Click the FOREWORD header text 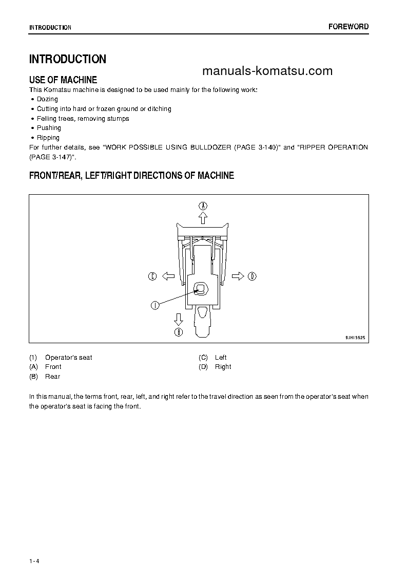pos(348,27)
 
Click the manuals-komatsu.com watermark pos(267,71)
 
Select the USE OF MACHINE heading pos(63,80)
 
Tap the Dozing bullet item pos(47,99)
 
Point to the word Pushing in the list pos(49,128)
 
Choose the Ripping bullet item pos(48,138)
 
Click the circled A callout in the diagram pos(203,206)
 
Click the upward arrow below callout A pos(203,218)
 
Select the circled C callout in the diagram pos(152,276)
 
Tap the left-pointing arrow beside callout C pos(168,276)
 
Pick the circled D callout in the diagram pos(252,276)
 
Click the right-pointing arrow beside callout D pos(238,276)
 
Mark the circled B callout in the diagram pos(179,332)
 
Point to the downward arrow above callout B pos(179,319)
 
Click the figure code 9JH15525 pos(355,339)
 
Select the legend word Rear pos(53,377)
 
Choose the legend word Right pos(223,367)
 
